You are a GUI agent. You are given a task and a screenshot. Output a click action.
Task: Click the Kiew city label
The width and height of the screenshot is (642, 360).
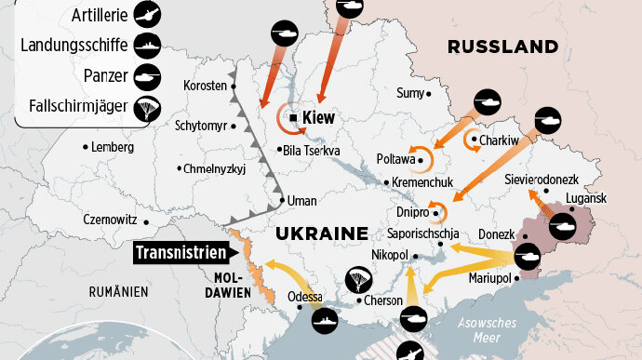tap(318, 118)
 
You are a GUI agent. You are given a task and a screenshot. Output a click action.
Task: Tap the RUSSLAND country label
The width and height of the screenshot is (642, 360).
tap(502, 47)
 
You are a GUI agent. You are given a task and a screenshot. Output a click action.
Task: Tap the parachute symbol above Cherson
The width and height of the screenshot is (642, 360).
tap(360, 279)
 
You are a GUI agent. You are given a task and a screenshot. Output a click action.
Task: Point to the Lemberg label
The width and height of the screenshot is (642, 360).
tap(114, 147)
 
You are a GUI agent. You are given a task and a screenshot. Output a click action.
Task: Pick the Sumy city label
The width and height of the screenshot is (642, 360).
tap(409, 93)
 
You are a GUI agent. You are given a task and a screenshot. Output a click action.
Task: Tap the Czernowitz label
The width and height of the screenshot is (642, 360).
tap(110, 220)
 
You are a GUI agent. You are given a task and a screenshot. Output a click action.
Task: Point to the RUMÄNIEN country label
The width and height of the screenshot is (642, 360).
tap(118, 292)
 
